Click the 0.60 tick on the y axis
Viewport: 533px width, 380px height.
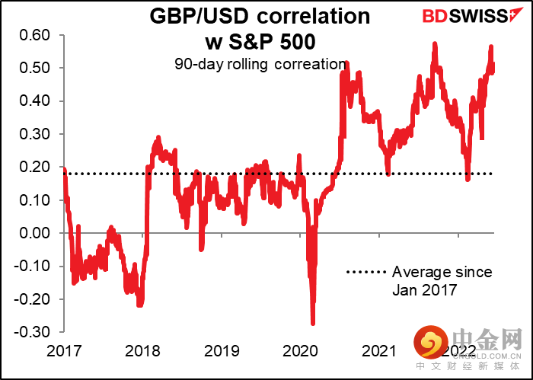tap(35, 35)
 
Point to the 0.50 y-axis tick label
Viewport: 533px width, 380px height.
tap(35, 68)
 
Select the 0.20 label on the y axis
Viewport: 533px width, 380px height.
tap(35, 167)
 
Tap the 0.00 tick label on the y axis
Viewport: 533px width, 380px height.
tap(35, 233)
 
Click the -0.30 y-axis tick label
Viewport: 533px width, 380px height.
tap(33, 332)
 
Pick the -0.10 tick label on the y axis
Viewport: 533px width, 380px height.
tap(33, 266)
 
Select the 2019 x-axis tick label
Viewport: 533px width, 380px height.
tap(222, 350)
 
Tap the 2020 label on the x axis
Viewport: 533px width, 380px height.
tap(300, 350)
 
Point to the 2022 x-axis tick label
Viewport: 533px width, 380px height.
tap(458, 350)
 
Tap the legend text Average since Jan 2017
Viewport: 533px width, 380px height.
tap(442, 280)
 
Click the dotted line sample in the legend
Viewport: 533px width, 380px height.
tap(366, 272)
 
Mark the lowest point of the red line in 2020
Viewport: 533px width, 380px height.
tap(313, 324)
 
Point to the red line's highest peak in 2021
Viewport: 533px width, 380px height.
tap(435, 44)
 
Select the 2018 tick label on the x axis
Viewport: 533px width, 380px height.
tap(142, 350)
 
